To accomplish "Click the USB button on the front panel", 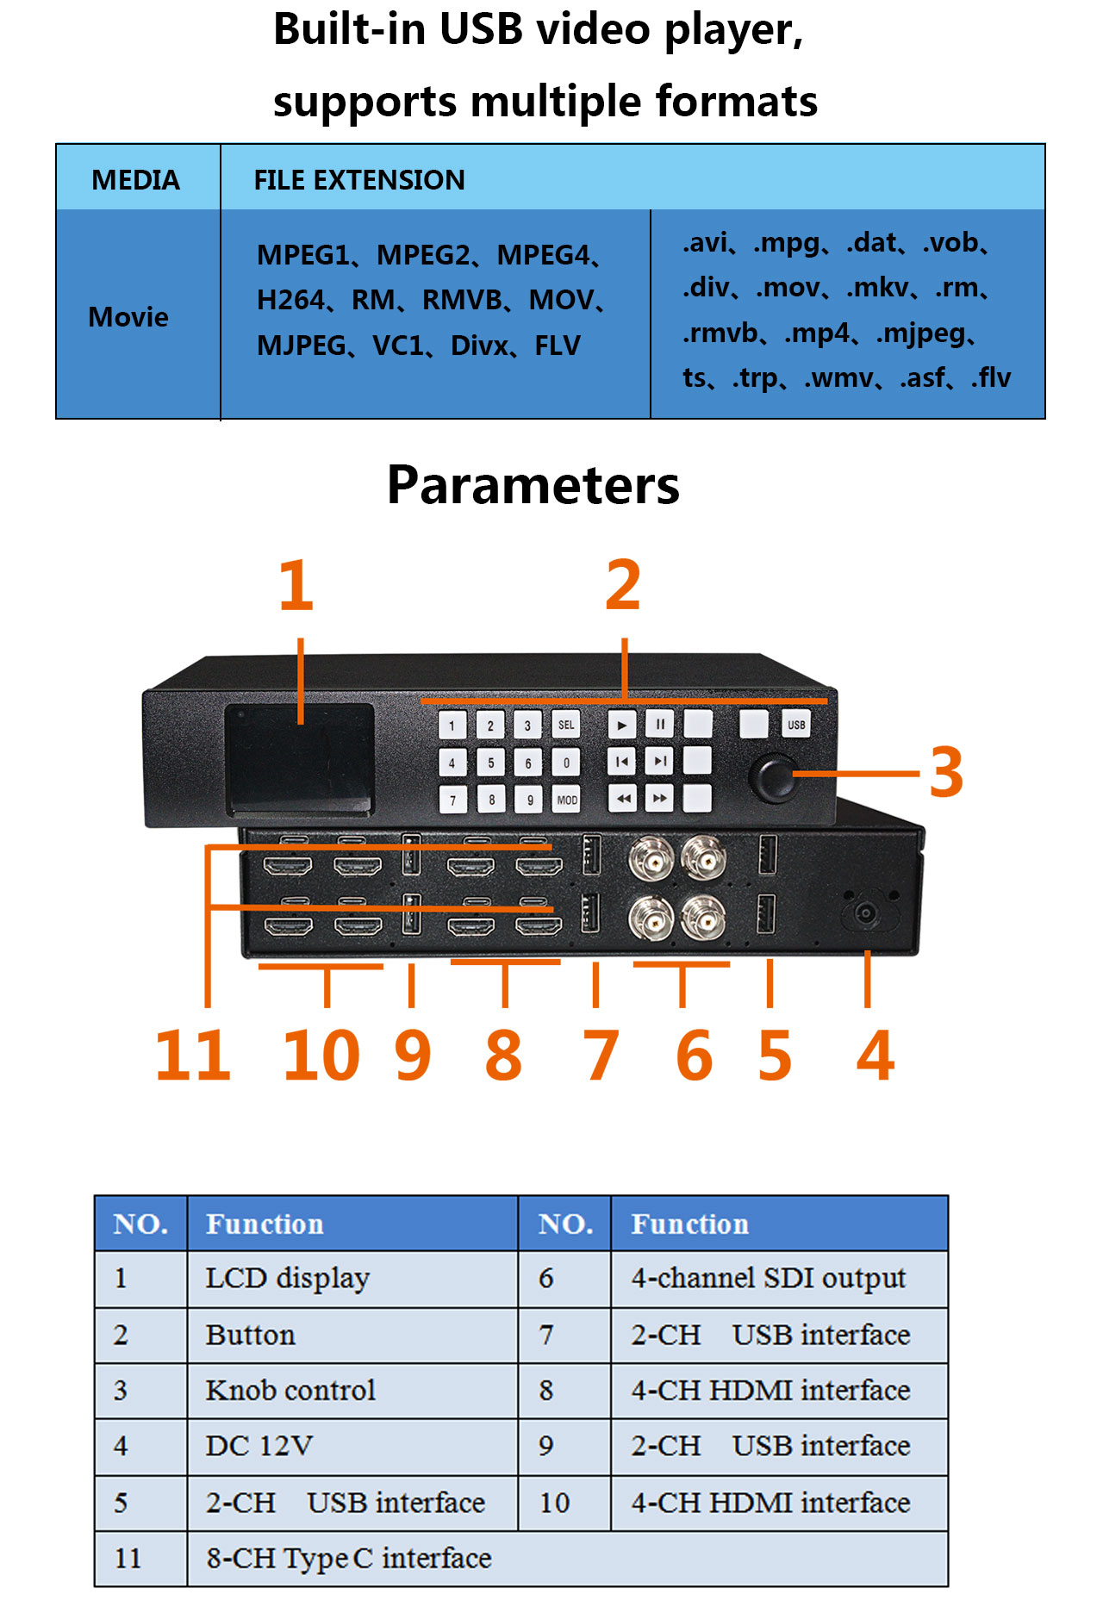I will [x=795, y=725].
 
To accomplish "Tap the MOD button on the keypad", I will [x=566, y=800].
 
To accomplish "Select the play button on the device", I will [x=621, y=725].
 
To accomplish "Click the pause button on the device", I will [x=659, y=725].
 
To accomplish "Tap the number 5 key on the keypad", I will [x=490, y=763].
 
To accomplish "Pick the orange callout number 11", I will [x=193, y=1056].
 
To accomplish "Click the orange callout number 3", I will [x=946, y=773].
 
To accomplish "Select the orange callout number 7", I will [x=601, y=1056].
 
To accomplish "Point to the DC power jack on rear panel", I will [x=865, y=913].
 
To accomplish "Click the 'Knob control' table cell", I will [x=290, y=1390].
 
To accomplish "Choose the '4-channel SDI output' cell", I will [x=768, y=1278].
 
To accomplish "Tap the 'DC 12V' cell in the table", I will [x=259, y=1445].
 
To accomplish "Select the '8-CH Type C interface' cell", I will [x=348, y=1558].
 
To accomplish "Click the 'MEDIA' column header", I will [x=136, y=179].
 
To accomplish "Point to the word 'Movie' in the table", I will [x=128, y=317].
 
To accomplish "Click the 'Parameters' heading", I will [x=533, y=485].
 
